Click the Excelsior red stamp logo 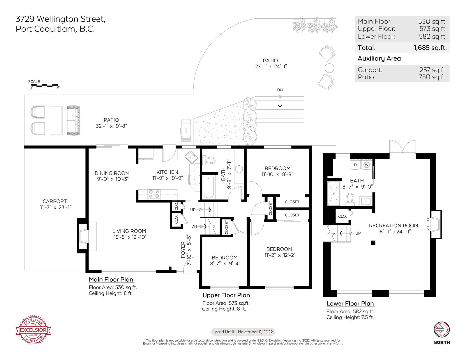pyautogui.click(x=33, y=330)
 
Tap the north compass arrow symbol pyautogui.click(x=442, y=329)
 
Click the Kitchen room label pyautogui.click(x=167, y=172)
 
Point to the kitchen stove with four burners pyautogui.click(x=154, y=194)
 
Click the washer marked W pyautogui.click(x=366, y=165)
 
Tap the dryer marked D pyautogui.click(x=355, y=165)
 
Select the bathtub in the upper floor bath pyautogui.click(x=209, y=187)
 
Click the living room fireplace pyautogui.click(x=83, y=236)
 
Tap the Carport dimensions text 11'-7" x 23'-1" pyautogui.click(x=55, y=208)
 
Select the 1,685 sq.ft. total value pyautogui.click(x=430, y=47)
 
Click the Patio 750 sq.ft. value pyautogui.click(x=433, y=77)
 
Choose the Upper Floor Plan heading pyautogui.click(x=226, y=295)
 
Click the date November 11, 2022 pyautogui.click(x=255, y=332)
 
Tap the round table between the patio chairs pyautogui.click(x=329, y=68)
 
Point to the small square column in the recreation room pyautogui.click(x=373, y=243)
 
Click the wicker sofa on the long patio pyautogui.click(x=74, y=120)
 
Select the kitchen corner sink pyautogui.click(x=191, y=157)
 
